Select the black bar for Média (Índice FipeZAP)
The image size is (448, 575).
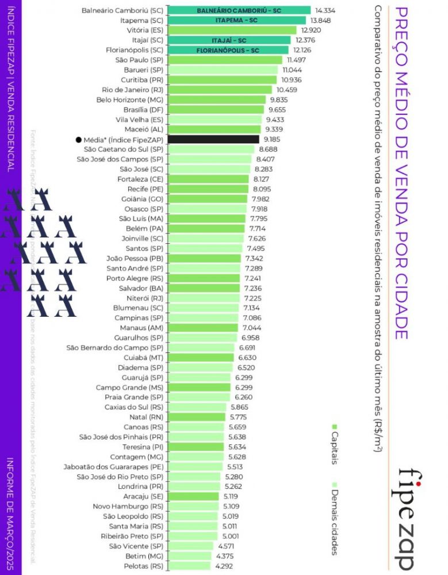(213, 139)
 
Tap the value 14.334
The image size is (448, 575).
(325, 10)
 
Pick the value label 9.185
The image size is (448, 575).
(272, 139)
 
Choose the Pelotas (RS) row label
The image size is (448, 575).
(144, 566)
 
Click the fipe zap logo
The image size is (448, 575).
(413, 517)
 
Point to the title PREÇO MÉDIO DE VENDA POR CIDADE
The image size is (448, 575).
(403, 172)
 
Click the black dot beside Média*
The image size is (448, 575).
(78, 139)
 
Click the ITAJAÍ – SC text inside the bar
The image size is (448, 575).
(229, 40)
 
